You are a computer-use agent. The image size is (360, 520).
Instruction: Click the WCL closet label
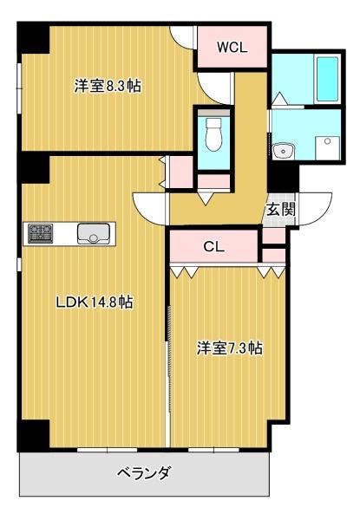pyautogui.click(x=232, y=49)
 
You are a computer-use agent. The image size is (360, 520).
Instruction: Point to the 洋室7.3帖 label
pyautogui.click(x=229, y=348)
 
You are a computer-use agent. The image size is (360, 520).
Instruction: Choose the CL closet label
pyautogui.click(x=214, y=246)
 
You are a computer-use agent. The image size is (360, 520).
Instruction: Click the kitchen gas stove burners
pyautogui.click(x=41, y=232)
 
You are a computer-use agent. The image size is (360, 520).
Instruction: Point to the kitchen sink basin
pyautogui.click(x=92, y=232)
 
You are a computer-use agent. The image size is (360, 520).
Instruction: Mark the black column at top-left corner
pyautogui.click(x=33, y=39)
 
